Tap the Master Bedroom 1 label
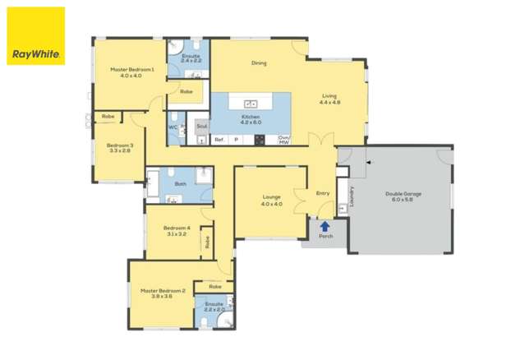pyautogui.click(x=131, y=70)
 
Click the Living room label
pyautogui.click(x=329, y=95)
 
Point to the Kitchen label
pyautogui.click(x=251, y=117)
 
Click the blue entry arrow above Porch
pyautogui.click(x=325, y=226)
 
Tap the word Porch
pyautogui.click(x=325, y=237)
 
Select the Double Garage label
pyautogui.click(x=403, y=194)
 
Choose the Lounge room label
pyautogui.click(x=272, y=197)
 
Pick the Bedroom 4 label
pyautogui.click(x=177, y=228)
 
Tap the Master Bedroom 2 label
pyautogui.click(x=162, y=290)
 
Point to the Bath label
pyautogui.click(x=180, y=184)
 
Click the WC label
pyautogui.click(x=173, y=127)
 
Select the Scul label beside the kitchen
pyautogui.click(x=201, y=127)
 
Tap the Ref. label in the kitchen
pyautogui.click(x=219, y=140)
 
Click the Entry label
pyautogui.click(x=323, y=194)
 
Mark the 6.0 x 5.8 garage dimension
pyautogui.click(x=403, y=201)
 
